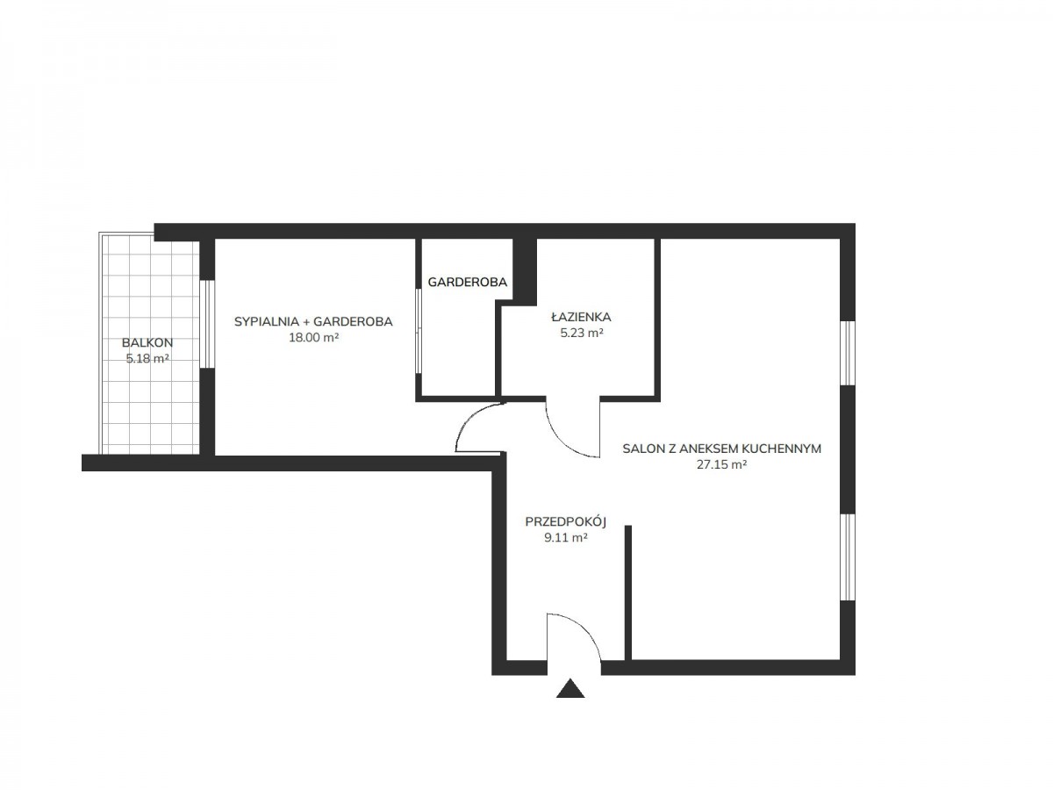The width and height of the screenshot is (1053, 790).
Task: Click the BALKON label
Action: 147,342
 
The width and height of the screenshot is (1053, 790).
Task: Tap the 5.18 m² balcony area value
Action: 147,358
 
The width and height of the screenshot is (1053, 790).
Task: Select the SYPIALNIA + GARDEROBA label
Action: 313,321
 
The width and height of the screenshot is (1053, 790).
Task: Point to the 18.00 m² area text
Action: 314,337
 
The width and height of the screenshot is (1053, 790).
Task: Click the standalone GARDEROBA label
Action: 467,282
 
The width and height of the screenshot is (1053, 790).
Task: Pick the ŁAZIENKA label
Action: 581,317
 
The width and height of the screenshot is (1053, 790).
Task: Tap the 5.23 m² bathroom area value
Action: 582,333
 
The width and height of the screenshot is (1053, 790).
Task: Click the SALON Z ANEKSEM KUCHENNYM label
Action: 721,449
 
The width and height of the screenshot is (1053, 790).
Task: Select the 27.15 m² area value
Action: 721,464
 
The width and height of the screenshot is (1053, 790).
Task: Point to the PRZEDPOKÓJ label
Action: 566,521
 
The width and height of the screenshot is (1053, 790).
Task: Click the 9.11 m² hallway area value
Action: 566,537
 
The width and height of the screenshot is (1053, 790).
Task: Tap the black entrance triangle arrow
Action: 569,689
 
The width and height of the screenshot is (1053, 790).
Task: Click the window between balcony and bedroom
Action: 207,324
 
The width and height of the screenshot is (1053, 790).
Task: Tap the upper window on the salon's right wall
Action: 848,353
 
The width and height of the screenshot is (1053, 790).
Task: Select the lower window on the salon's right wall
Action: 848,557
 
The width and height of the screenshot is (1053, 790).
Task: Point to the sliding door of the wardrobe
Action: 419,331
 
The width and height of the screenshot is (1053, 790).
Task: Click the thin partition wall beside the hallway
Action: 627,592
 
